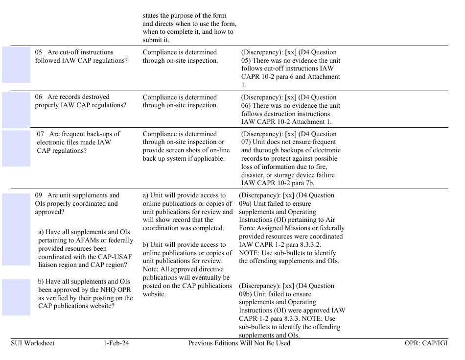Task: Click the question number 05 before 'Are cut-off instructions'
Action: pyautogui.click(x=39, y=52)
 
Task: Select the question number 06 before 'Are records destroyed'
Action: pyautogui.click(x=39, y=97)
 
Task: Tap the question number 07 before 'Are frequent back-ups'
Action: pyautogui.click(x=42, y=134)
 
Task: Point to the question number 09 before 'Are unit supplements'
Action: pyautogui.click(x=39, y=195)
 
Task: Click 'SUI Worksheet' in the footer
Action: pyautogui.click(x=33, y=343)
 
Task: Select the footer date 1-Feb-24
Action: pyautogui.click(x=116, y=343)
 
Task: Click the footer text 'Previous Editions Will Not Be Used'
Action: pyautogui.click(x=239, y=343)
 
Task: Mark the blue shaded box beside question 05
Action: pyautogui.click(x=16, y=65)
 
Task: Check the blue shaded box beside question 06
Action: pyautogui.click(x=16, y=110)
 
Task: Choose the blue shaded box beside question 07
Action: pyautogui.click(x=16, y=148)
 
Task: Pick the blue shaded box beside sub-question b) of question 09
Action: pyautogui.click(x=16, y=297)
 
